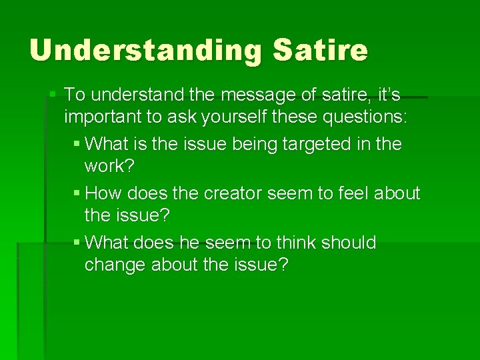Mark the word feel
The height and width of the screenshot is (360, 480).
tap(345, 193)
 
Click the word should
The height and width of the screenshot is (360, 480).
tap(349, 242)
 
